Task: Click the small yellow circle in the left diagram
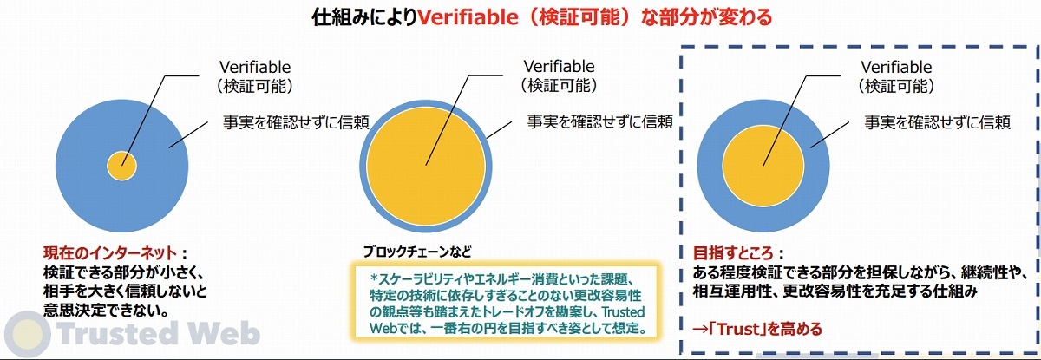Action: click(121, 166)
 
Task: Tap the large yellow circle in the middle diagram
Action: click(426, 166)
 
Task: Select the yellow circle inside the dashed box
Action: click(763, 166)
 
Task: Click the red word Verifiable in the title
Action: click(468, 17)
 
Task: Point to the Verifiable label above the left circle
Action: click(255, 67)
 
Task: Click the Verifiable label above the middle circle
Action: click(559, 67)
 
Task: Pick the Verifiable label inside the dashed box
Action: click(896, 67)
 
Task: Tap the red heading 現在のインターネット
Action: click(110, 253)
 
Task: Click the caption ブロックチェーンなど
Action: click(417, 252)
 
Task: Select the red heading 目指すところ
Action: click(733, 253)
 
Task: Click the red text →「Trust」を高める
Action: click(757, 329)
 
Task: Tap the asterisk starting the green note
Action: click(374, 278)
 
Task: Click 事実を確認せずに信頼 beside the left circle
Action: click(296, 122)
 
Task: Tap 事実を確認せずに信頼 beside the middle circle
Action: click(600, 121)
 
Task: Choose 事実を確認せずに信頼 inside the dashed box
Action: click(938, 122)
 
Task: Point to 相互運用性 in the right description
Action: click(730, 291)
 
